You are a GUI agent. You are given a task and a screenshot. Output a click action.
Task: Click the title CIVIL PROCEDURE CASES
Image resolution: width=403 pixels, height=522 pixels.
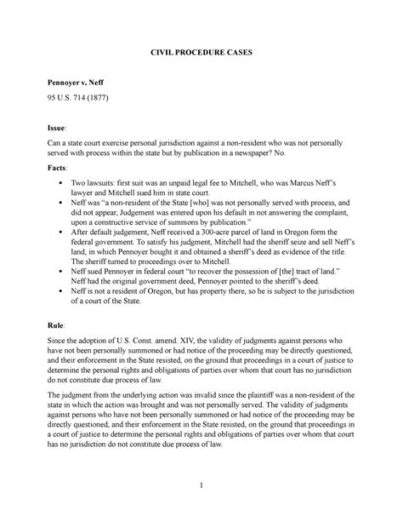coord(201,53)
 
